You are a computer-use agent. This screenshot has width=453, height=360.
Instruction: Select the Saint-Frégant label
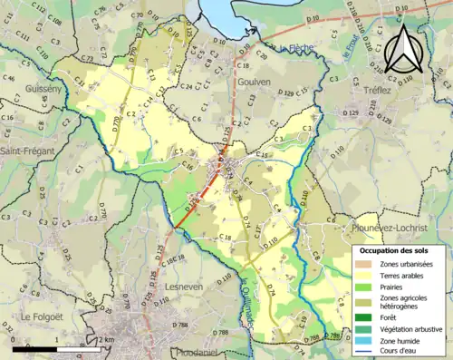pos(27,151)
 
